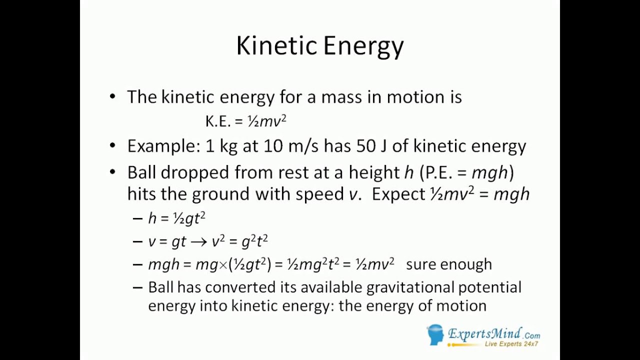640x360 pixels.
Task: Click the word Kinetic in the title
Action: tap(276, 46)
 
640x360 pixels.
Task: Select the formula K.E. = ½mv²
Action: tap(245, 121)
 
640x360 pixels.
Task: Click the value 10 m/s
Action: tap(290, 146)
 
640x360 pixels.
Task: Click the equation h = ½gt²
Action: tap(177, 218)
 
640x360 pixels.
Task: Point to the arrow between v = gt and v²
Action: tap(198, 241)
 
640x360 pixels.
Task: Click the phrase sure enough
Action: tap(448, 264)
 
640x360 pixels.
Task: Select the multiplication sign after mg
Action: tap(223, 264)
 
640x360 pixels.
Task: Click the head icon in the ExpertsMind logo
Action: tap(435, 334)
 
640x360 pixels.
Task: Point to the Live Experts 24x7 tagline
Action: tap(511, 344)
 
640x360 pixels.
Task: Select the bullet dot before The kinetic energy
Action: tap(112, 97)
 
